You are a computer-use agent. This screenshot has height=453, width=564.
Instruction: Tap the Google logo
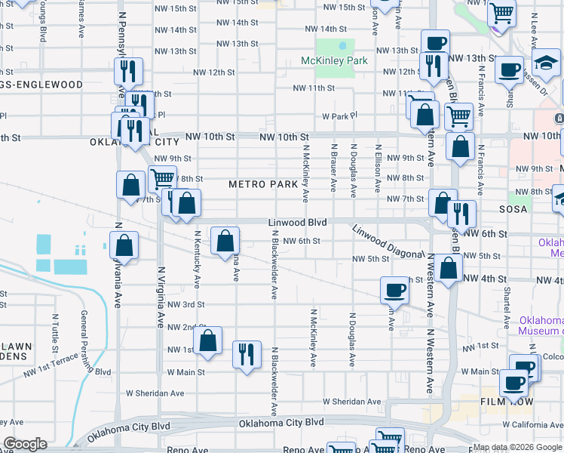[x=25, y=444]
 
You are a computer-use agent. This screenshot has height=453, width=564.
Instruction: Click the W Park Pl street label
[x=339, y=117]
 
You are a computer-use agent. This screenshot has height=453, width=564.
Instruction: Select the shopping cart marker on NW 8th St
[x=162, y=180]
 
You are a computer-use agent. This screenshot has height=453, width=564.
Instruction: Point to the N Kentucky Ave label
[x=198, y=260]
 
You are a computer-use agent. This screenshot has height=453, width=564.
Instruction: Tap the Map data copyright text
[x=517, y=446]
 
